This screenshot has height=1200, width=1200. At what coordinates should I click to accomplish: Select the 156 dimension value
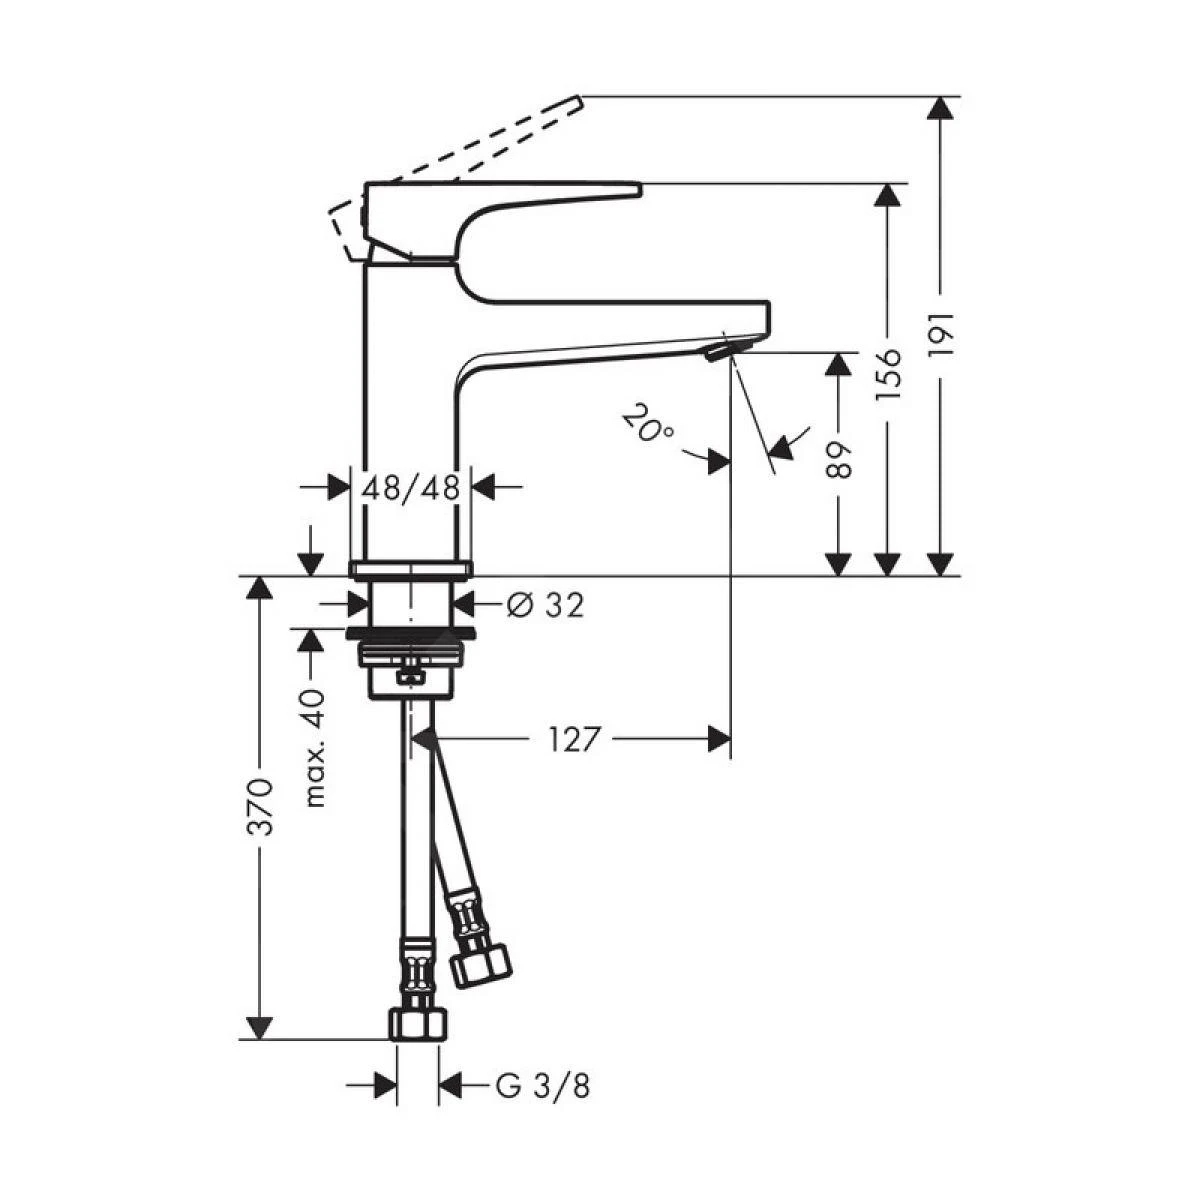coord(888,374)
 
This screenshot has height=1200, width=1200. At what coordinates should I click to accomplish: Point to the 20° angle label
coord(647,423)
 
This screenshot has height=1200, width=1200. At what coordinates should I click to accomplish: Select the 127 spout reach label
coord(575,739)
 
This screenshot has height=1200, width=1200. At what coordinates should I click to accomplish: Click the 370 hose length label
coord(260,805)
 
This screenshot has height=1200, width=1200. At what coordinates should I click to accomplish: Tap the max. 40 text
coord(315,748)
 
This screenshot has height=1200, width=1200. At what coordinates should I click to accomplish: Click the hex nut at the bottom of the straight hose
coord(418,1022)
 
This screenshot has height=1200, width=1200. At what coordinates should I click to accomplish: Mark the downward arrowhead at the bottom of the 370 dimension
coord(260,1028)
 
